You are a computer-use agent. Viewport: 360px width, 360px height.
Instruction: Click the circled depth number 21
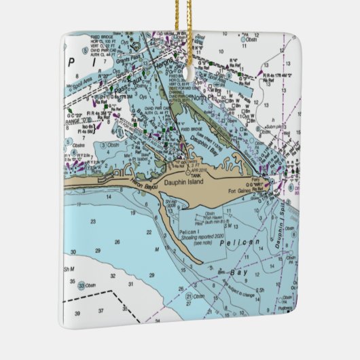point(187,296)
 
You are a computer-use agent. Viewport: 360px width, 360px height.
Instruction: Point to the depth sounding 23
point(92,221)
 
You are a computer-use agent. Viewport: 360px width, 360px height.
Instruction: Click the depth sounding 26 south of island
point(117,242)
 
